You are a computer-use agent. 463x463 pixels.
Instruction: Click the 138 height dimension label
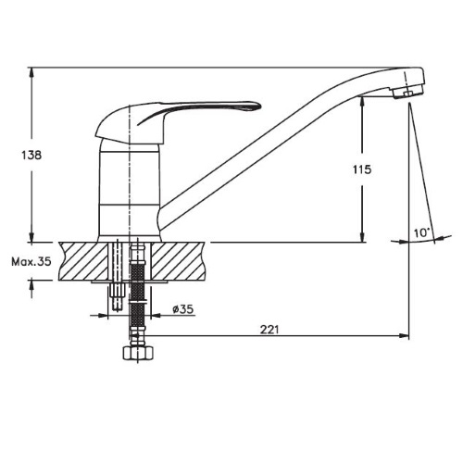click(x=31, y=155)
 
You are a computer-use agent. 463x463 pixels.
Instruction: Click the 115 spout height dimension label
click(x=362, y=169)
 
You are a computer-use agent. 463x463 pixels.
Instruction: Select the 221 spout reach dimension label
click(x=269, y=330)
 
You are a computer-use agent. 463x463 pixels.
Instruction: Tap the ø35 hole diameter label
click(x=183, y=308)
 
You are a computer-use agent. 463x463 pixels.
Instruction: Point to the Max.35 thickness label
click(x=31, y=262)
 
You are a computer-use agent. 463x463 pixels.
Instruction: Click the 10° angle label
click(x=422, y=232)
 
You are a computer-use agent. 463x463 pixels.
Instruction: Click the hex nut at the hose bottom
click(x=138, y=353)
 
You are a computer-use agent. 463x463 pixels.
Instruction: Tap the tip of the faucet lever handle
click(x=260, y=106)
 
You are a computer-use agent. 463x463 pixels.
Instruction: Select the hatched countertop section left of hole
click(x=83, y=261)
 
